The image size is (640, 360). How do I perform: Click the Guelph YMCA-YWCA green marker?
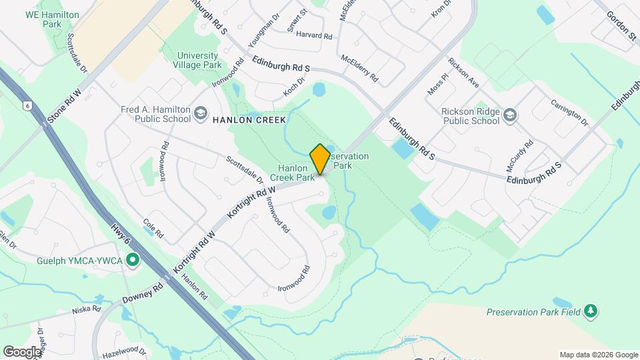pyautogui.click(x=133, y=260)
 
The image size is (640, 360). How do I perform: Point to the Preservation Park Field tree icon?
pyautogui.click(x=590, y=311)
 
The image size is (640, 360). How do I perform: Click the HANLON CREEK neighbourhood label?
pyautogui.click(x=249, y=120)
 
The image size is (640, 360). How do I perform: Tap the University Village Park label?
pyautogui.click(x=197, y=61)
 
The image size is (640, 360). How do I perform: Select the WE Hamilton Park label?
pyautogui.click(x=52, y=19)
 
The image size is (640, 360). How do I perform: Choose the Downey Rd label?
pyautogui.click(x=142, y=294)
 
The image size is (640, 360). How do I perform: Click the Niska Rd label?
pyautogui.click(x=87, y=310)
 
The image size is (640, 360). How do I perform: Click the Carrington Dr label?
pyautogui.click(x=569, y=113)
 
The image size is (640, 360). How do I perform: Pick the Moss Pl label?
pyautogui.click(x=435, y=85)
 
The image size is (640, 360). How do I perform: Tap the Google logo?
pyautogui.click(x=21, y=351)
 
